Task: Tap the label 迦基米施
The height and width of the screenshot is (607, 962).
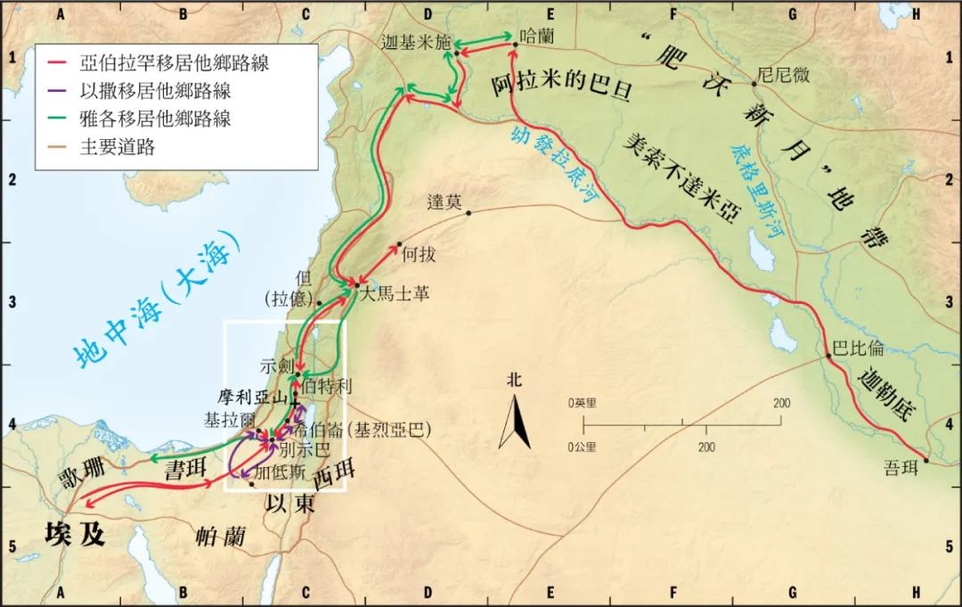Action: (416, 43)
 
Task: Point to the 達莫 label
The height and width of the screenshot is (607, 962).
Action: (444, 202)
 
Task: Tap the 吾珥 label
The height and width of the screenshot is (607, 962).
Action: (901, 468)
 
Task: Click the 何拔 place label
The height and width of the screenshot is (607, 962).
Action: (419, 255)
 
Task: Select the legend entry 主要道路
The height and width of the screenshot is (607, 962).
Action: (117, 147)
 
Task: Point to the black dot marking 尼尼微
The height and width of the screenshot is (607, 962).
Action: (754, 84)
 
